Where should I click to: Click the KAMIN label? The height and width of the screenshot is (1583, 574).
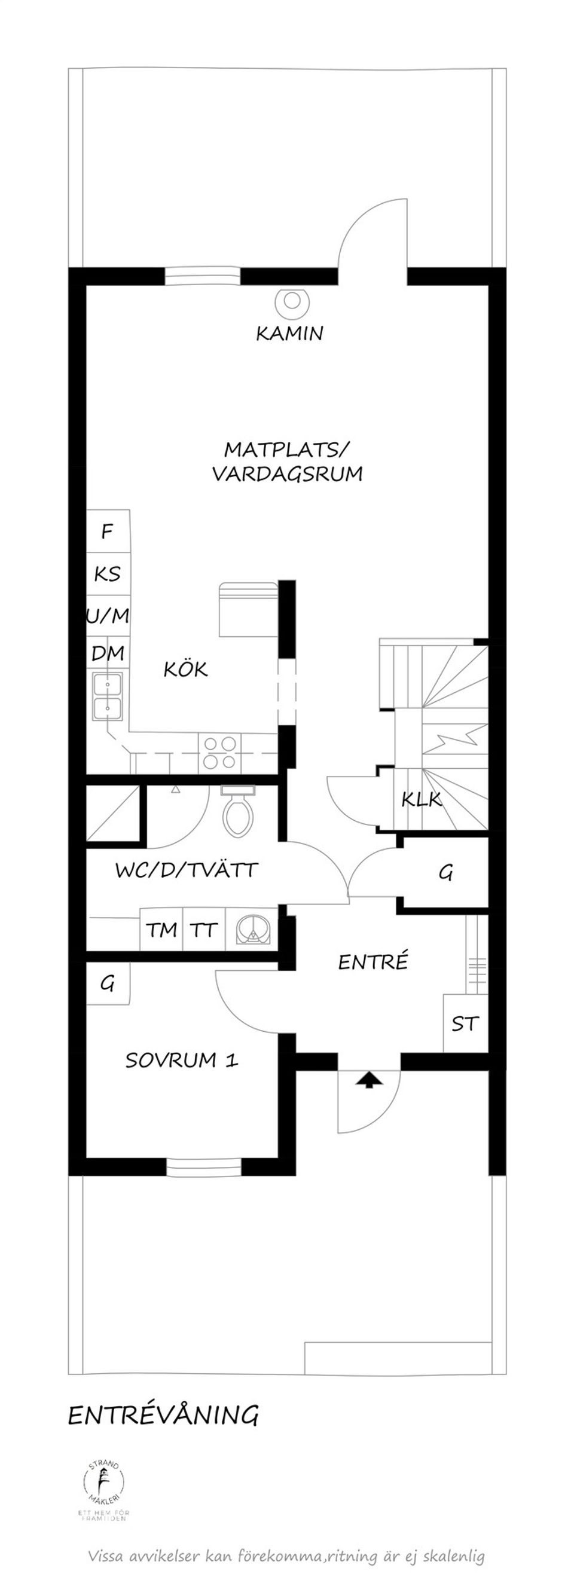click(x=289, y=334)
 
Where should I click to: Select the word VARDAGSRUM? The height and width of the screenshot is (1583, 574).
click(x=288, y=474)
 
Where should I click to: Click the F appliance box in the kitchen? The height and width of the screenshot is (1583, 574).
click(x=108, y=530)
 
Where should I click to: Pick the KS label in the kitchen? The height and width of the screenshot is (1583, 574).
click(x=108, y=573)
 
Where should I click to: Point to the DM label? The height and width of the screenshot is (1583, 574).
click(x=108, y=653)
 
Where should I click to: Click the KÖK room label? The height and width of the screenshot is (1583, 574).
click(x=185, y=669)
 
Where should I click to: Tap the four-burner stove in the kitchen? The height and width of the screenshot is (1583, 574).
click(x=220, y=753)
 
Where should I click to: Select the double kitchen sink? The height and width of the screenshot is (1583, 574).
click(x=108, y=696)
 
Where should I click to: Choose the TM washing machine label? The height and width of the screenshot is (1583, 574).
click(x=161, y=930)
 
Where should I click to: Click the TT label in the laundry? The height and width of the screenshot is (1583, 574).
click(x=203, y=930)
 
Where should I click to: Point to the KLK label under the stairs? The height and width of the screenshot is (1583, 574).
click(x=422, y=799)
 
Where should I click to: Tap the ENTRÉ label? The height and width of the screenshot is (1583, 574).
click(x=373, y=962)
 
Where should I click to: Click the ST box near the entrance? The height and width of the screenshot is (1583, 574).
click(x=465, y=1023)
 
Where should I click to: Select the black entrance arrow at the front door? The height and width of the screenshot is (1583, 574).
click(x=369, y=1080)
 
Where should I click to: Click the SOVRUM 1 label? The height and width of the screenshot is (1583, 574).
click(x=181, y=1060)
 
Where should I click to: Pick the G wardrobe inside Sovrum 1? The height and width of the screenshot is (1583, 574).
click(x=108, y=983)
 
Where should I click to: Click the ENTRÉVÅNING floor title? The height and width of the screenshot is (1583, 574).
click(x=163, y=1415)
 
